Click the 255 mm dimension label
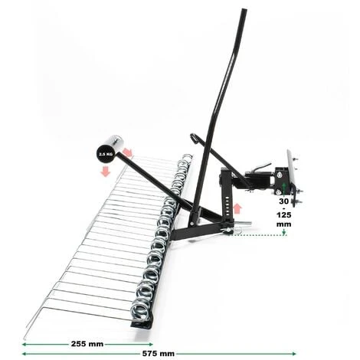tap(87, 344)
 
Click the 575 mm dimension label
tap(159, 354)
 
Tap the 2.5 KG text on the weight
tap(106, 155)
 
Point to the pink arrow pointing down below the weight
tap(106, 171)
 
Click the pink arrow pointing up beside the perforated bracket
tap(237, 208)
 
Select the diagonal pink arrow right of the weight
tap(128, 152)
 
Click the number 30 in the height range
tap(283, 201)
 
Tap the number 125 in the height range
tap(284, 215)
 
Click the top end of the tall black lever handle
tap(244, 10)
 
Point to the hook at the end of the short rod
tap(194, 138)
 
